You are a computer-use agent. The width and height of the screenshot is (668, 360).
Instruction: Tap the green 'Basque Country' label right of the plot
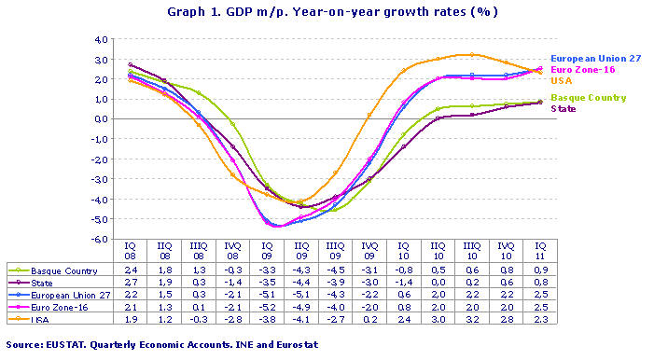pos(588,98)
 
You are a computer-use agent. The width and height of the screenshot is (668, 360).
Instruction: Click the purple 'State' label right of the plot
pos(564,109)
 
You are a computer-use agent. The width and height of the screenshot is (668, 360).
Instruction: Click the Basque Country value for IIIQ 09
pos(336,270)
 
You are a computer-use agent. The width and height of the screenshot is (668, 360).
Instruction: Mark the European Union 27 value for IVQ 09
pos(370,295)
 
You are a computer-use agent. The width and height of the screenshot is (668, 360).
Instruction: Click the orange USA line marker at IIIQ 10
pos(472,54)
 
